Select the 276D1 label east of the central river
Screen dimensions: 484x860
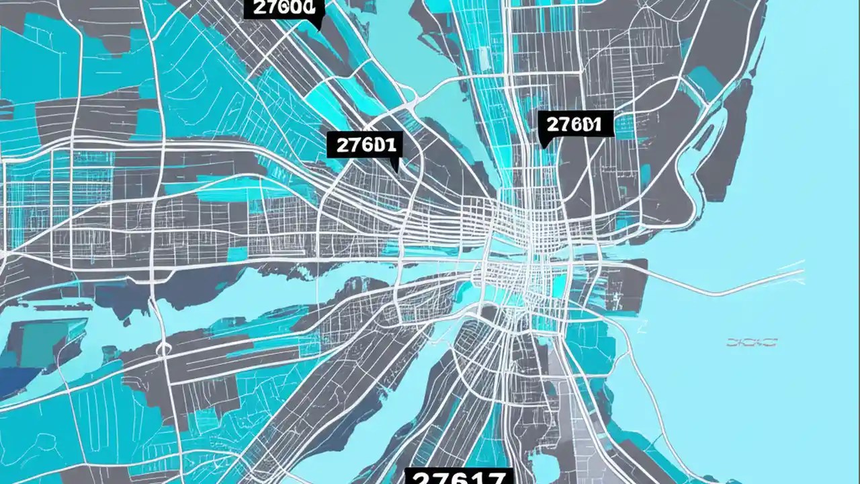(x=577, y=124)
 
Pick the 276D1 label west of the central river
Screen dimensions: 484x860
(x=365, y=145)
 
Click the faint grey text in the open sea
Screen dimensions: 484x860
(x=751, y=343)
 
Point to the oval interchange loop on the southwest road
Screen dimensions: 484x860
(x=163, y=348)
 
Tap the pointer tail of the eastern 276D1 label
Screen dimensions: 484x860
(x=544, y=143)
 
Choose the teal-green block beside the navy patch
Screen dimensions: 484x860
(x=40, y=343)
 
